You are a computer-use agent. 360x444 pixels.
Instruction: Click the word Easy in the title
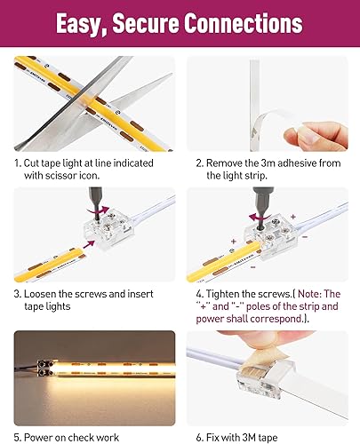84,23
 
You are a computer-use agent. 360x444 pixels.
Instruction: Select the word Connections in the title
258,23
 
